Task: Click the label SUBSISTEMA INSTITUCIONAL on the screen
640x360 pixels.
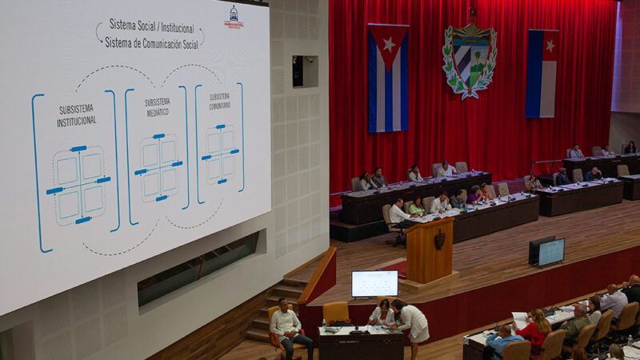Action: point(77,115)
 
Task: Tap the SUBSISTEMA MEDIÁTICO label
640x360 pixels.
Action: point(157,107)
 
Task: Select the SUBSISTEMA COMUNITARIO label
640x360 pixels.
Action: point(219,101)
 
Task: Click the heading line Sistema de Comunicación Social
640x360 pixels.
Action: point(152,42)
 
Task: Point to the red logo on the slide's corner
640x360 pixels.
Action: point(234,17)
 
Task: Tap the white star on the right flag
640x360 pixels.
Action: point(550,46)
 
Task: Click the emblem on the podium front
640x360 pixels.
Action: point(439,239)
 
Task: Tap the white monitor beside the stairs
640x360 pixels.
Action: point(374,283)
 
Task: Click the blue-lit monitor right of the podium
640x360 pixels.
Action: point(550,252)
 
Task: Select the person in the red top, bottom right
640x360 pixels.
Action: point(535,330)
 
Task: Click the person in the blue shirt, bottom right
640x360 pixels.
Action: point(502,340)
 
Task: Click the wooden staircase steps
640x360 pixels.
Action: point(272,308)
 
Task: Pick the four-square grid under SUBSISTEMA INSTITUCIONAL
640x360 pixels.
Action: point(79,183)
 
